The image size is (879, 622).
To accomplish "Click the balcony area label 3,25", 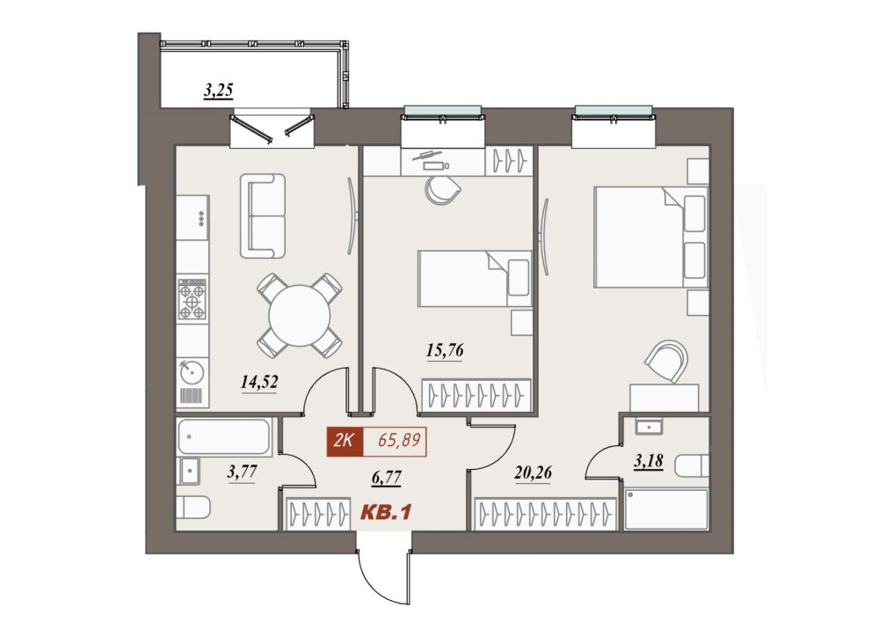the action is (x=218, y=91).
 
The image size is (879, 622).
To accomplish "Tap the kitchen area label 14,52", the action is (x=259, y=383).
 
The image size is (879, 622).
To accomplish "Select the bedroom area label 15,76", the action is (x=445, y=350).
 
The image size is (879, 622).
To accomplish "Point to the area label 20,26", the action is (x=533, y=472).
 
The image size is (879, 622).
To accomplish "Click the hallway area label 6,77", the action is (x=386, y=478).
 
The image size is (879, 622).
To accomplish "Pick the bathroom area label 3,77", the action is (x=242, y=472).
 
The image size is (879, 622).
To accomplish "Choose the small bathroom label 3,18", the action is (x=648, y=461).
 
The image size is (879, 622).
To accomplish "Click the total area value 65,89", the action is (x=399, y=440).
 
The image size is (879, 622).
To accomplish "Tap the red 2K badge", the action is (x=345, y=441).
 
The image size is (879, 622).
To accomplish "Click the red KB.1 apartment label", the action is (x=386, y=512).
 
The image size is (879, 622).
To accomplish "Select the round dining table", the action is (x=300, y=315).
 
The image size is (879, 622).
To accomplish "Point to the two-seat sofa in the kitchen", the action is (x=263, y=216).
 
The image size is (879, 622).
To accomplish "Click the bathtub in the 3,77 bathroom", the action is (x=223, y=436).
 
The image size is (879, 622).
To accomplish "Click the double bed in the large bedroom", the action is (x=650, y=238).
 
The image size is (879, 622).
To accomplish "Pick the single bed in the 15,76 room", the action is (x=475, y=279).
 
